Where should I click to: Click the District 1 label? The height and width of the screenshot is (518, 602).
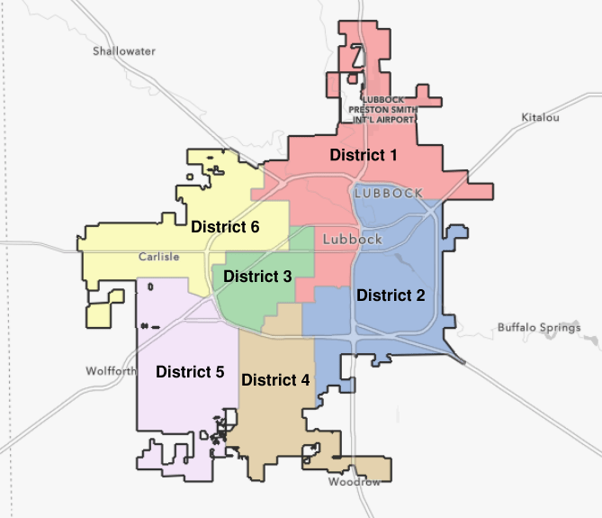[364, 155]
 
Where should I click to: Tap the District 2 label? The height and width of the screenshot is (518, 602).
[391, 295]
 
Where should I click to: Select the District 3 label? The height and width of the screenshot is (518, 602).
[257, 277]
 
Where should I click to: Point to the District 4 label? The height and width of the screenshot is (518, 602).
[275, 379]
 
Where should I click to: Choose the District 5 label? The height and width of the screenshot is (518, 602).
[190, 370]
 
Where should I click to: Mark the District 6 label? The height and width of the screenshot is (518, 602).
[225, 227]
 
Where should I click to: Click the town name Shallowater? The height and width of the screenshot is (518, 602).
[124, 51]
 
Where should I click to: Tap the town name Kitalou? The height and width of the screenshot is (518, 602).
[540, 118]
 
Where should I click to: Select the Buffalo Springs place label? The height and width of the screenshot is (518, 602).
[539, 328]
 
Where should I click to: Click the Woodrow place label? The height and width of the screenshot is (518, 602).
[355, 483]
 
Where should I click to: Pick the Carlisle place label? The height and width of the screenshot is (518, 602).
[159, 257]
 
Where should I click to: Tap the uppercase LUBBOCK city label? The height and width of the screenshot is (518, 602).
[389, 194]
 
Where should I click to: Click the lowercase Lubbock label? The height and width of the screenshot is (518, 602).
[352, 240]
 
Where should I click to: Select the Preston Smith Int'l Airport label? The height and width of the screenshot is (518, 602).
[383, 108]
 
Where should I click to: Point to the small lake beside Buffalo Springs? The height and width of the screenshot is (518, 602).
[592, 341]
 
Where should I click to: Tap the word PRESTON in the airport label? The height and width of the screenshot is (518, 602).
[372, 108]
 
